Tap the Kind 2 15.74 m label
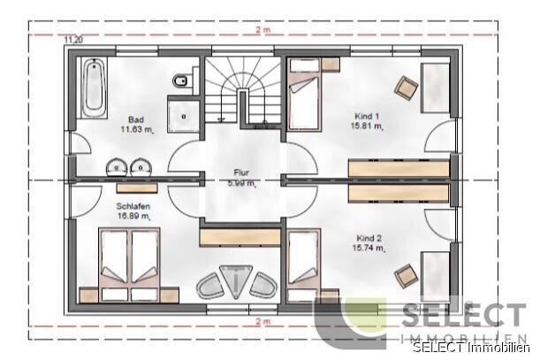370,244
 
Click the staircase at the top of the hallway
242,93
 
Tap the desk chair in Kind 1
406,87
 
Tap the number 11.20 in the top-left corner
72,40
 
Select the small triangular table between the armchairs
237,281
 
